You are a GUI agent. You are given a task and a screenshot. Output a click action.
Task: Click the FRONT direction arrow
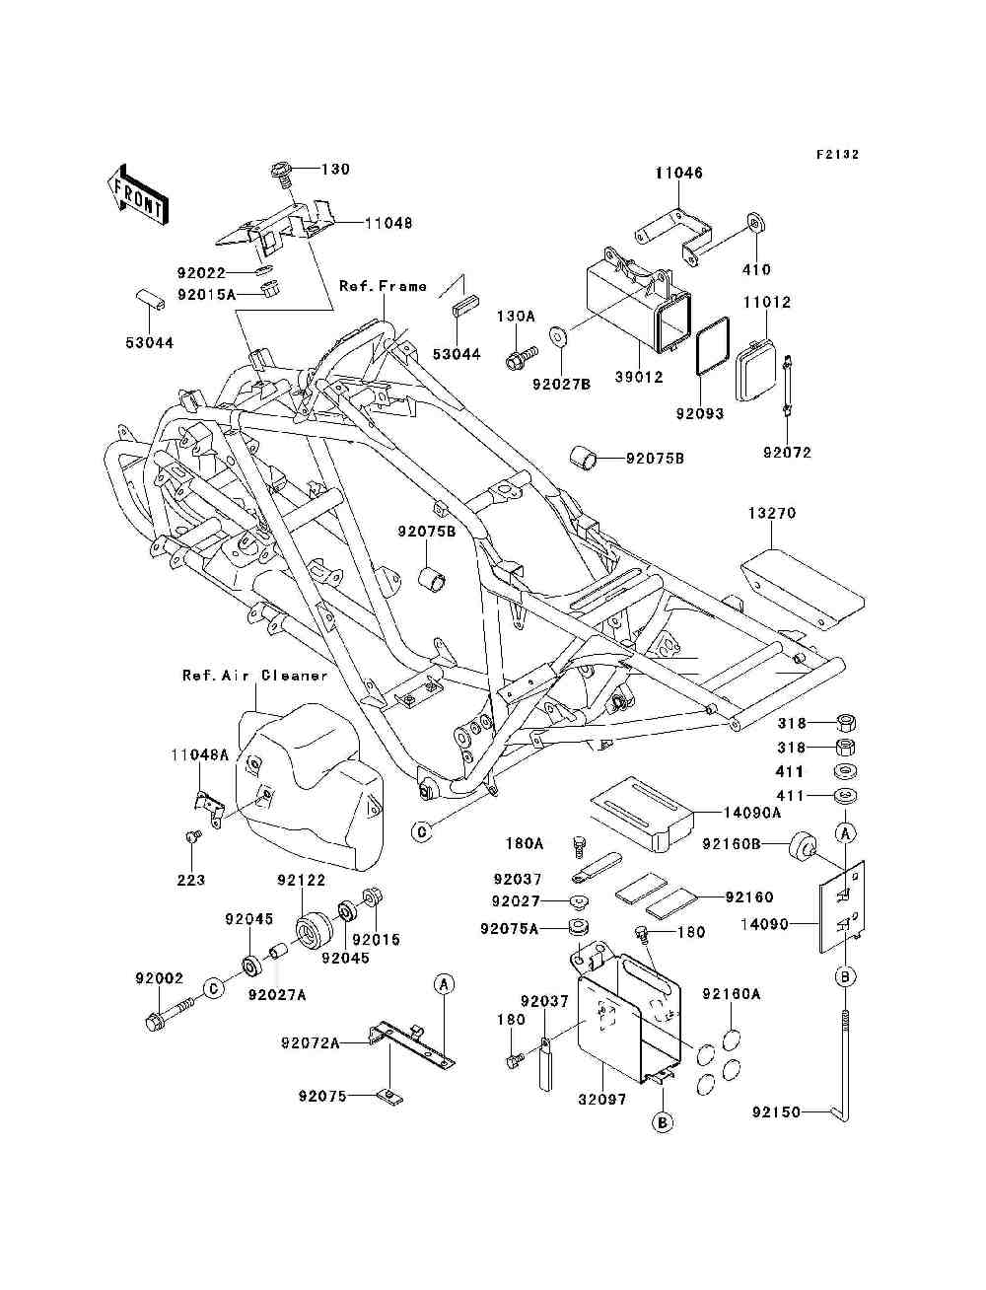click(138, 194)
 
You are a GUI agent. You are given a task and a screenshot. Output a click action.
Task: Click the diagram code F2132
click(838, 155)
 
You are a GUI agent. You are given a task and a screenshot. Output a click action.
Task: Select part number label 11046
click(679, 173)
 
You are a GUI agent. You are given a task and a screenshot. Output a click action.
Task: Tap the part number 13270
click(771, 513)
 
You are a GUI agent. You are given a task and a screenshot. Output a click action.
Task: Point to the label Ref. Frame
click(384, 286)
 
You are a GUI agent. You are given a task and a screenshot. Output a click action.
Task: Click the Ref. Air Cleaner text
click(254, 676)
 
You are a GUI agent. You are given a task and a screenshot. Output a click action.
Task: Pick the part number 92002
click(160, 978)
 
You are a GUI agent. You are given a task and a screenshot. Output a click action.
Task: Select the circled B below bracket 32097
click(663, 1123)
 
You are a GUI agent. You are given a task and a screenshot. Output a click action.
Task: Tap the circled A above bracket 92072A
click(445, 984)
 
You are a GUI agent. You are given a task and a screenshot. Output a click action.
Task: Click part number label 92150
click(776, 1111)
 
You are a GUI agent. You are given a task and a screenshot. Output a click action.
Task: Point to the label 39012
click(639, 377)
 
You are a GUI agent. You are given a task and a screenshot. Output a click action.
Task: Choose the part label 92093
click(700, 413)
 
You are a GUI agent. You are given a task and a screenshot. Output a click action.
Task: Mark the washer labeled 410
click(757, 225)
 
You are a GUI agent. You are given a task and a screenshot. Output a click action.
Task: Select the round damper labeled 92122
click(313, 930)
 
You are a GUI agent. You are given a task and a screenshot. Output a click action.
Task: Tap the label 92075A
click(510, 929)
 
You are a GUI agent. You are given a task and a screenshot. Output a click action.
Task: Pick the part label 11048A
click(200, 755)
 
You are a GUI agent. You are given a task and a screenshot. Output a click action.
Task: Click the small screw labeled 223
click(192, 835)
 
